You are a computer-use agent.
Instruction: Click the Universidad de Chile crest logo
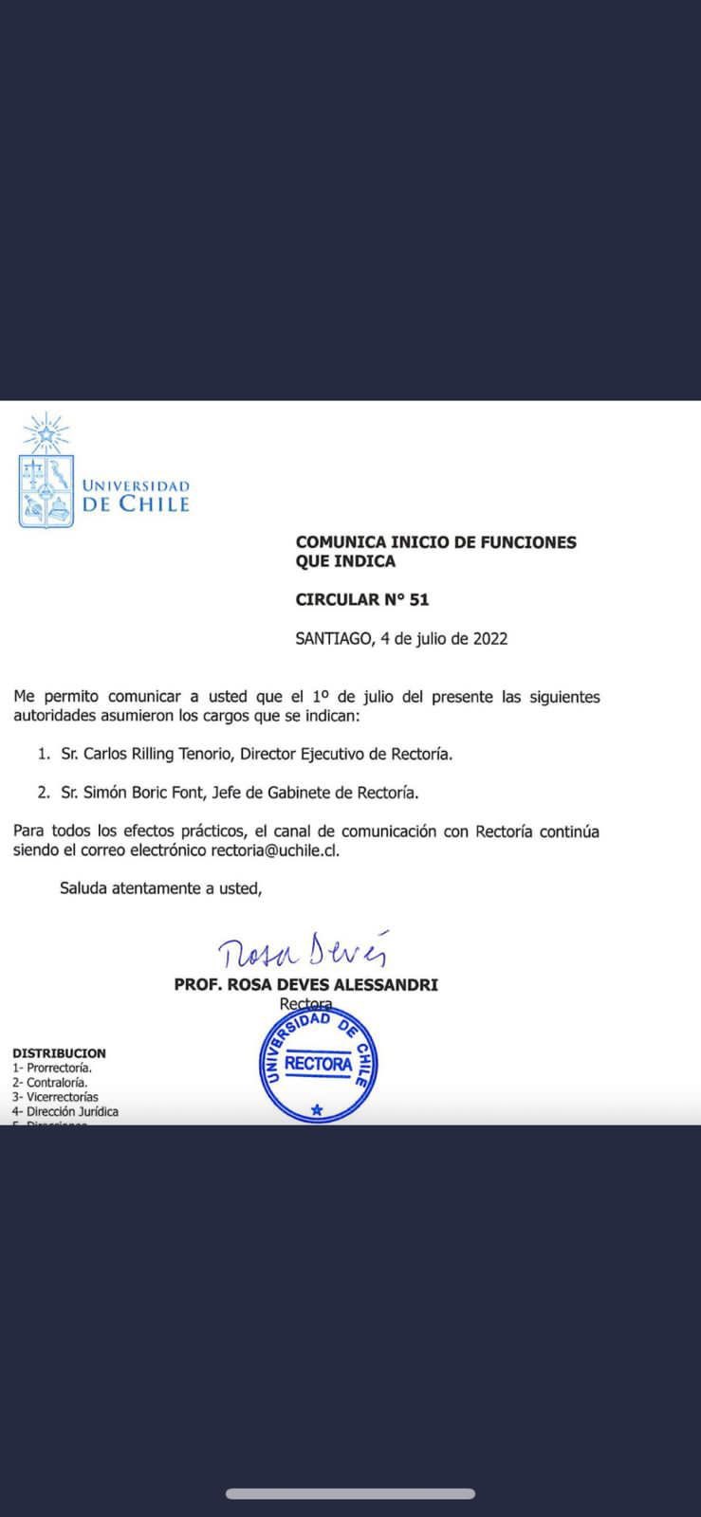46,471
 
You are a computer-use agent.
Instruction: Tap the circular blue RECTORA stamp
319,1065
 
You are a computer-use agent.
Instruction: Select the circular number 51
419,599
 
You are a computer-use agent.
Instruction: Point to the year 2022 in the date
490,638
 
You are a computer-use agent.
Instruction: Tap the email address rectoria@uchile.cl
274,850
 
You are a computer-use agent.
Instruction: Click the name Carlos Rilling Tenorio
157,754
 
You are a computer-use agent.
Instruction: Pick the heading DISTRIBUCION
59,1052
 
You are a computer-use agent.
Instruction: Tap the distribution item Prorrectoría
59,1068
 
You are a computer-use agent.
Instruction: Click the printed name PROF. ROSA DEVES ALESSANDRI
305,984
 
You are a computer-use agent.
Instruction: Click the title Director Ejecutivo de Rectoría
346,754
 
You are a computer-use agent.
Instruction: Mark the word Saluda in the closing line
83,888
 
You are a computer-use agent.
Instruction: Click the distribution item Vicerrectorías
62,1097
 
